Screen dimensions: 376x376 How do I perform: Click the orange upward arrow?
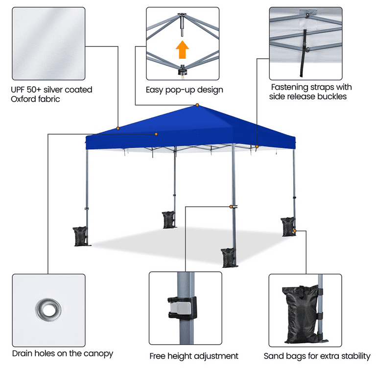coord(183,49)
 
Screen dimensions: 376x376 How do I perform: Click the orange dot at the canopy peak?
coord(197,105)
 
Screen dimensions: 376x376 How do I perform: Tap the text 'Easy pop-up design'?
coord(185,90)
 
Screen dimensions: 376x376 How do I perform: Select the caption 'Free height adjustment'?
coord(194,356)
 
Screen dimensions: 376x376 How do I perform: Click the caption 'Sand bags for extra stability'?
coord(317,356)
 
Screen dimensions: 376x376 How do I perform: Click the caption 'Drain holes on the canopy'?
coord(63,353)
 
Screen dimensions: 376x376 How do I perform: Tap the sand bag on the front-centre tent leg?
coord(229,258)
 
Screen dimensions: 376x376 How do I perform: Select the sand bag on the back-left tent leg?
coord(169,219)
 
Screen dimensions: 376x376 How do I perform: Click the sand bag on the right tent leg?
coord(288,226)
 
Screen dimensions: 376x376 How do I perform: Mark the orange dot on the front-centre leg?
coord(231,206)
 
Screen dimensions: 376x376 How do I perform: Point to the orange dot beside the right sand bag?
coord(295,230)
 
